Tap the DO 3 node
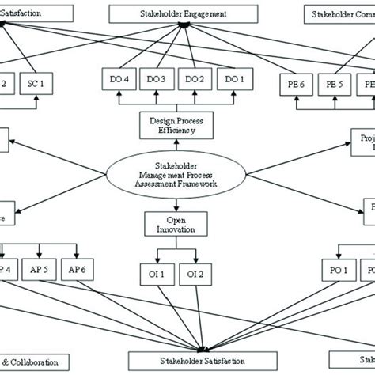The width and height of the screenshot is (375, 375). point(157,80)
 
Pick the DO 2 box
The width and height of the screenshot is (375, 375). point(194,80)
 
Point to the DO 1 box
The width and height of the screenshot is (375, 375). point(231,80)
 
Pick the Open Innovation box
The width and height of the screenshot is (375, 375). point(176,223)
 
